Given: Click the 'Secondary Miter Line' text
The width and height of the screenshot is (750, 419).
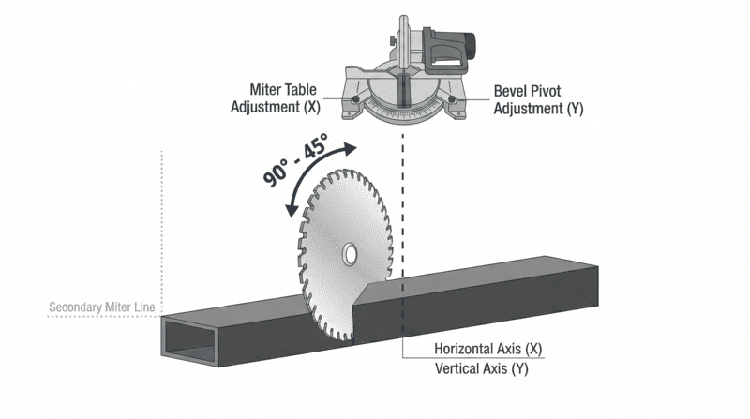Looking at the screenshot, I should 103,307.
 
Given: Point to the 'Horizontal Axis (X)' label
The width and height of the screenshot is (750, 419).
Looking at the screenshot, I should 488,349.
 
